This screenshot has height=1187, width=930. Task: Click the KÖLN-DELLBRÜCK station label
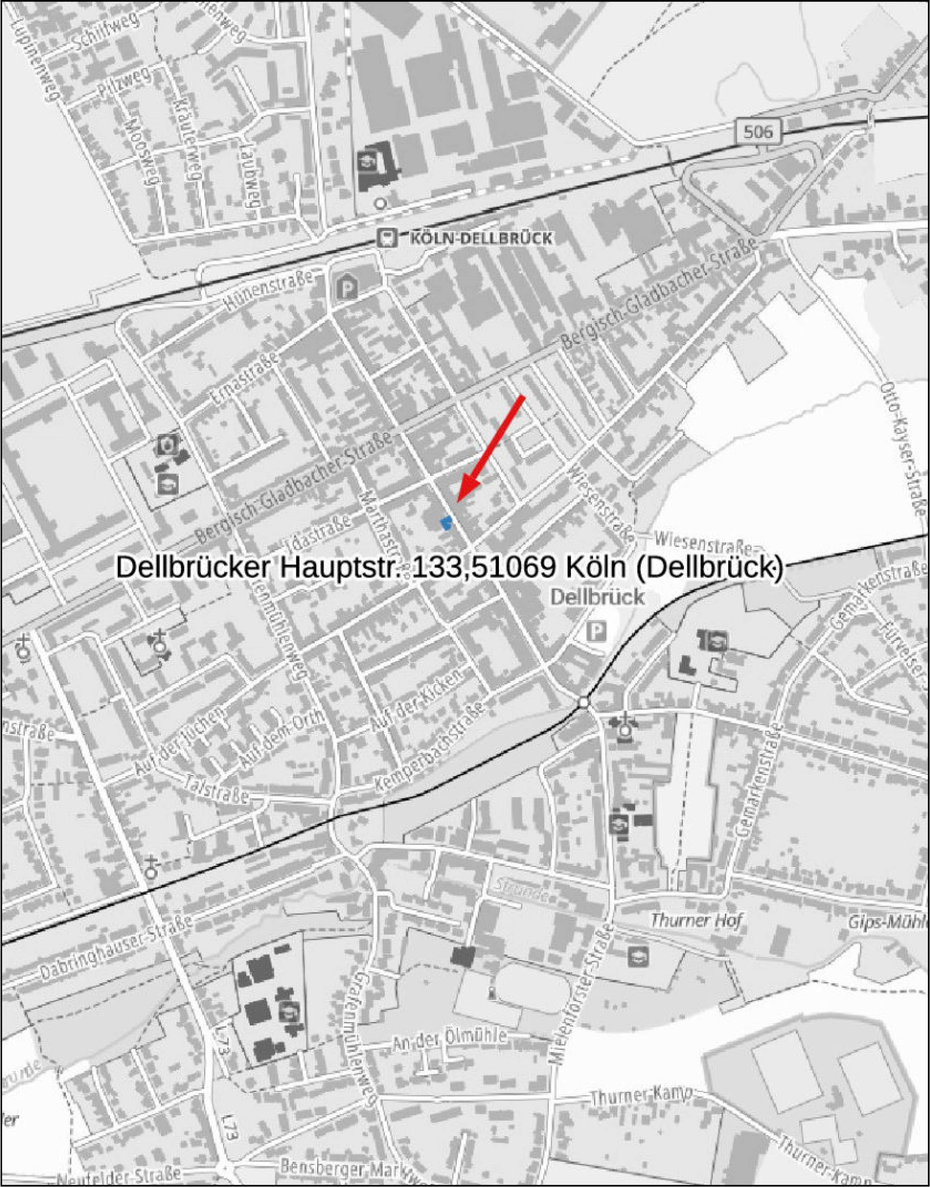(x=480, y=238)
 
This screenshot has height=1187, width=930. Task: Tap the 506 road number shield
(x=757, y=132)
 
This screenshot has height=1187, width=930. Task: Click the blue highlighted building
(x=446, y=523)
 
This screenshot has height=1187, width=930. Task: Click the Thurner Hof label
(x=696, y=920)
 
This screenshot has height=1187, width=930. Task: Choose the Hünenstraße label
(x=268, y=292)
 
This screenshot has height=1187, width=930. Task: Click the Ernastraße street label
(x=245, y=378)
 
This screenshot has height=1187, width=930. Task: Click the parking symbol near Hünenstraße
(x=346, y=286)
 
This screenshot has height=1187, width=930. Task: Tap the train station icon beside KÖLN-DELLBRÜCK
(x=387, y=238)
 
